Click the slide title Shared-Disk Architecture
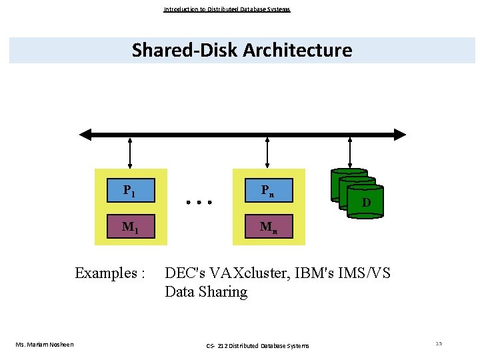241,50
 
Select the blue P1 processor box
130,191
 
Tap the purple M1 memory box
130,226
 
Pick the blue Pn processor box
267,191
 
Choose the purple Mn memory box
267,226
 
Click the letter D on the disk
366,202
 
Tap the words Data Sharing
205,292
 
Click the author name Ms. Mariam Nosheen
45,344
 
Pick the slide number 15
438,343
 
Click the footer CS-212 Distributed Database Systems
257,345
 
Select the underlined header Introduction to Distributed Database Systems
227,9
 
